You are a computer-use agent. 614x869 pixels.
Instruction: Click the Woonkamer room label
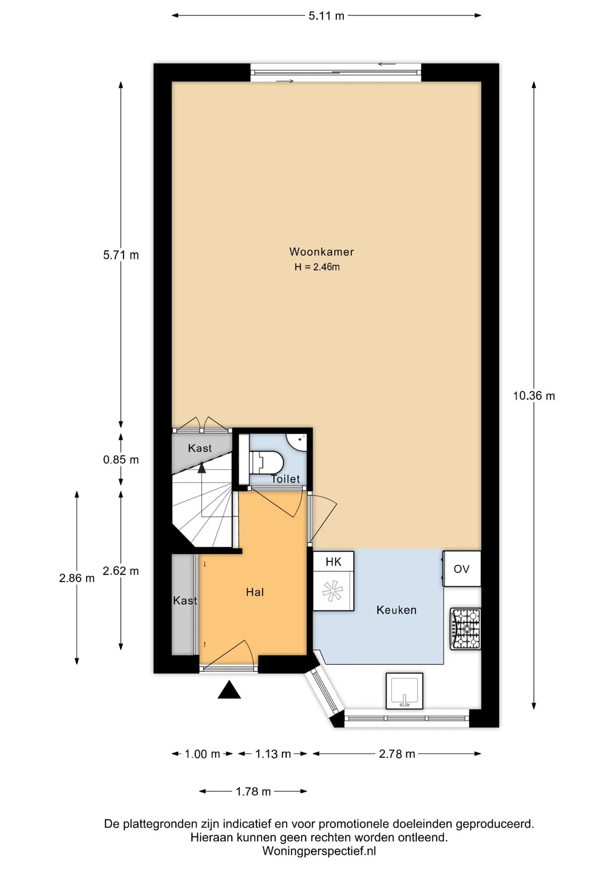pos(321,252)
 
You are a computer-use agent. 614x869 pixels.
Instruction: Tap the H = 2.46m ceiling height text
pos(317,267)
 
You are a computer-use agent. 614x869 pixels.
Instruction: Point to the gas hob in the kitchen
pos(465,629)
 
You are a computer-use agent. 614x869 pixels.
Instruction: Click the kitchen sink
pos(405,691)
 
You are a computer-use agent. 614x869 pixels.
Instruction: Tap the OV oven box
pos(462,569)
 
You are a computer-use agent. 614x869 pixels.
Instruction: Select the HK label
pos(334,562)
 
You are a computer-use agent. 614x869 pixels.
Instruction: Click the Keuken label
pos(397,610)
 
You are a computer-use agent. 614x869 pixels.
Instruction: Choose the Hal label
pos(255,592)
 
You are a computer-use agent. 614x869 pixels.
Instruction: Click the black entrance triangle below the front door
pos(229,690)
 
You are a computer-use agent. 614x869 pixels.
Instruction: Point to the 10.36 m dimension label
pos(534,396)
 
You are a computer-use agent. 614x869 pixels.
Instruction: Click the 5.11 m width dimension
pos(326,16)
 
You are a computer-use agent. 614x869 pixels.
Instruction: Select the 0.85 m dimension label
pos(121,460)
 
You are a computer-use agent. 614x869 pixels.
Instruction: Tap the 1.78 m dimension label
pos(253,792)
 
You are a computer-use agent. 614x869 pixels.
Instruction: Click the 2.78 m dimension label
pos(397,754)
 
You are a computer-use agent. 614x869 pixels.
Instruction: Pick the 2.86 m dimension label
pos(77,578)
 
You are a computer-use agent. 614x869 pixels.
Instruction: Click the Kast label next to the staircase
pos(200,448)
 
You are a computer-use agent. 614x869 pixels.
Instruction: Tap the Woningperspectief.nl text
pos(319,851)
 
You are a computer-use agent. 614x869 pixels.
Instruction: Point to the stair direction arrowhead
pos(202,468)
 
